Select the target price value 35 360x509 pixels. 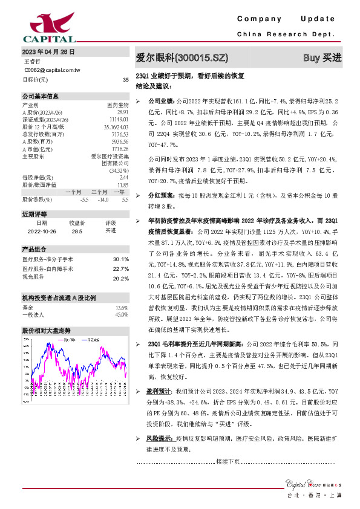(x=125, y=79)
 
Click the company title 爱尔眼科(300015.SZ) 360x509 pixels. (x=182, y=58)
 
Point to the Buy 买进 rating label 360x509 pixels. (x=322, y=58)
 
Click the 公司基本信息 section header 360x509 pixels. (x=41, y=96)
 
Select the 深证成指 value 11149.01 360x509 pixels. (x=119, y=120)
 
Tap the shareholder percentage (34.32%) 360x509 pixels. (x=119, y=170)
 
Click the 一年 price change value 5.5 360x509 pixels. (x=125, y=199)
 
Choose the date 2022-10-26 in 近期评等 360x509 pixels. (x=41, y=230)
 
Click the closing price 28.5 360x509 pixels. (x=76, y=230)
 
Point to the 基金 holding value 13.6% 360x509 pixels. (x=121, y=308)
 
